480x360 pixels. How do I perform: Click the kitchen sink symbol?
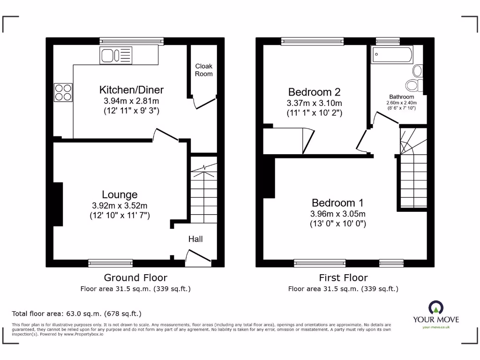click(x=116, y=56)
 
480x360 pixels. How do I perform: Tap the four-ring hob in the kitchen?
click(x=63, y=92)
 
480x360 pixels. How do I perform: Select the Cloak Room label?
click(x=203, y=70)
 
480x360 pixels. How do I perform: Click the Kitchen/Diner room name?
click(x=131, y=90)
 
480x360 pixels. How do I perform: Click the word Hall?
click(x=195, y=239)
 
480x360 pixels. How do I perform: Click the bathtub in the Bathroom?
click(x=392, y=55)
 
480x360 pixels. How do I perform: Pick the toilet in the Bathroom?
click(x=412, y=85)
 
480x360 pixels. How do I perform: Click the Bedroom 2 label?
click(x=314, y=92)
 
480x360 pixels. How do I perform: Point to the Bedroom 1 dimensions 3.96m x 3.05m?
click(x=337, y=214)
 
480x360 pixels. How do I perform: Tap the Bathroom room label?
click(x=401, y=97)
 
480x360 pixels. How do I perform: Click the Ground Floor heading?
click(x=135, y=278)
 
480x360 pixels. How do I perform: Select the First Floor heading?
click(x=343, y=278)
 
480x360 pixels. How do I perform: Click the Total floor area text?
click(x=76, y=314)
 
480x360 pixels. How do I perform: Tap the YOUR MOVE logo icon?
click(x=435, y=308)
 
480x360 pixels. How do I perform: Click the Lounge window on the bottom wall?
click(x=111, y=263)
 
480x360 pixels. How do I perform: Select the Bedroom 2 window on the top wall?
click(x=312, y=41)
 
